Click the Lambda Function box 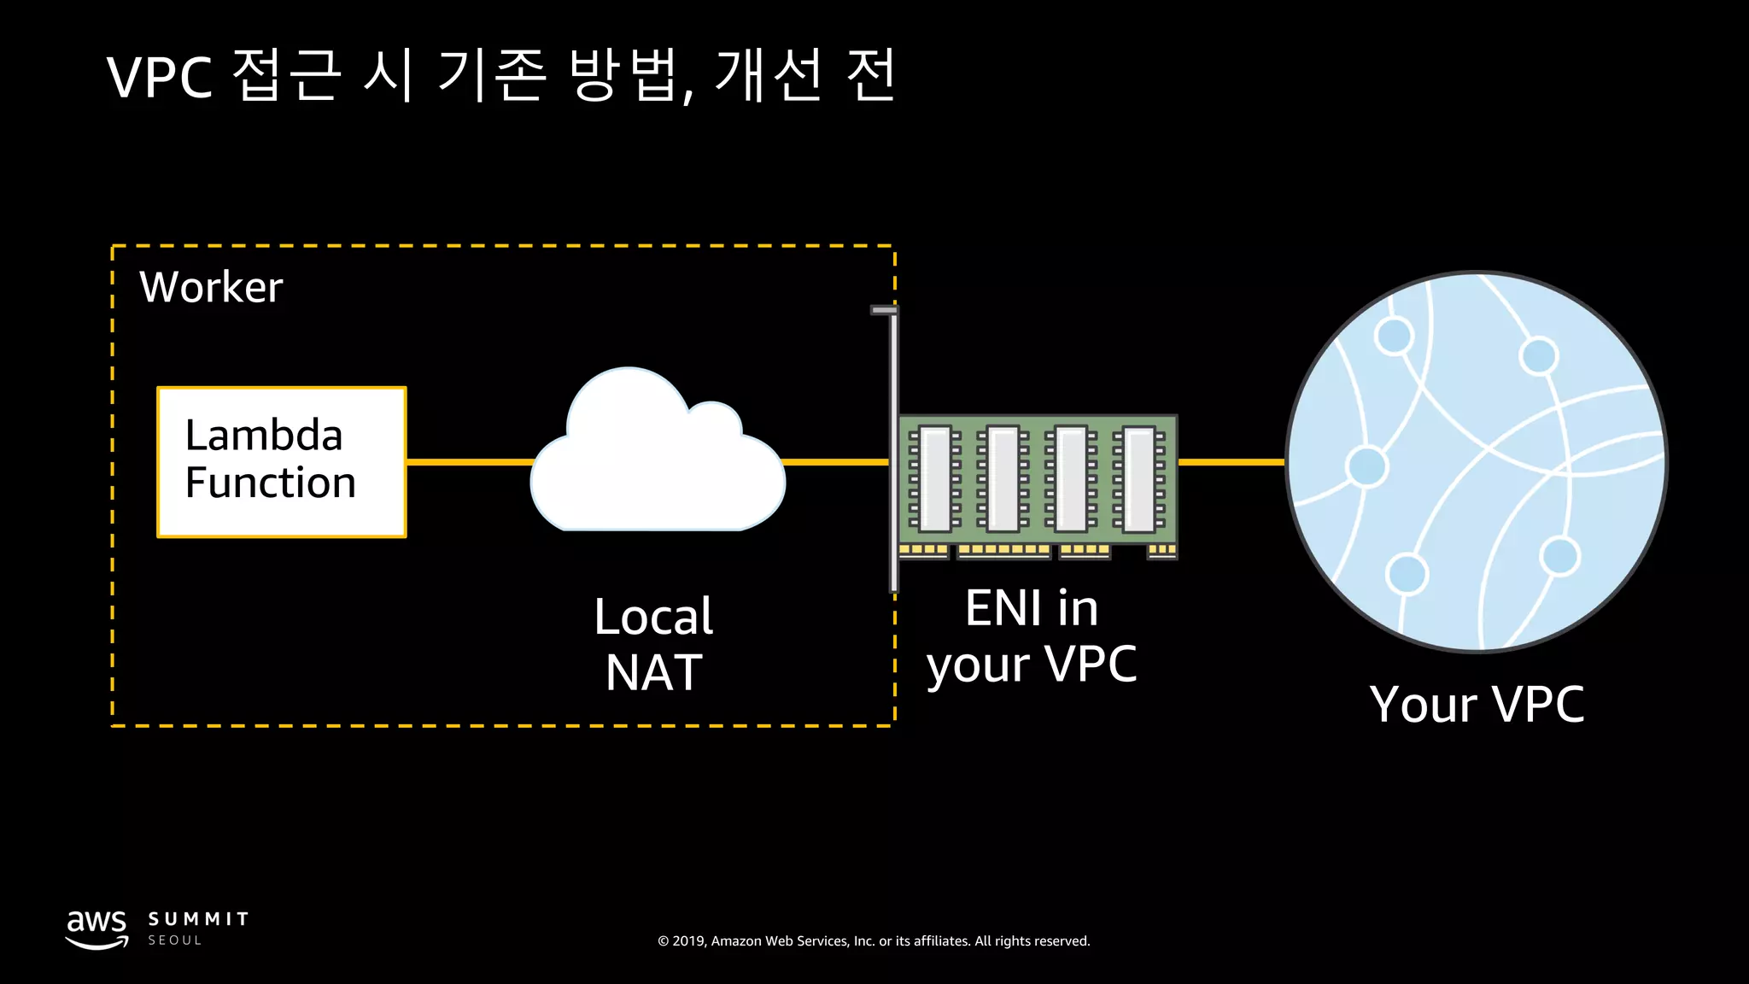coord(281,462)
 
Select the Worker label coord(211,287)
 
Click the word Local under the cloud coord(653,616)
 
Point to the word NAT coord(653,673)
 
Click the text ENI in coord(1032,608)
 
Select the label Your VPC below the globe coord(1477,705)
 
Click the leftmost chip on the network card coord(934,478)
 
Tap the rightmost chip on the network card coord(1138,478)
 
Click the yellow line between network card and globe coord(1231,462)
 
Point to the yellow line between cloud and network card coord(835,462)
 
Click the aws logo coord(97,928)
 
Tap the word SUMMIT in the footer coord(198,919)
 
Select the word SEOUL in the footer coord(175,940)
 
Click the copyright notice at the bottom coord(874,941)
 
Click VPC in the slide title coord(160,78)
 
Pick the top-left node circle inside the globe coord(1394,336)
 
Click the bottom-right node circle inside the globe coord(1559,557)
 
